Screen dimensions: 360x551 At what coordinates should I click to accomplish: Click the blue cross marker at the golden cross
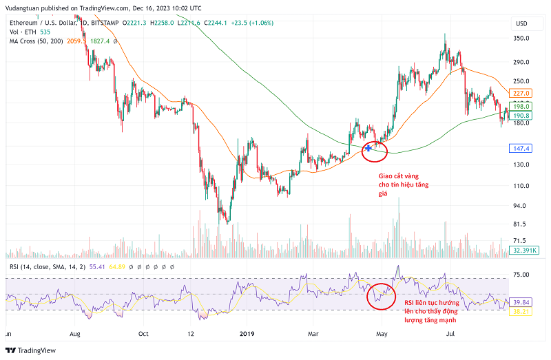[x=369, y=147]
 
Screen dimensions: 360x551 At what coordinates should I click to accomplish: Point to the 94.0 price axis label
[x=520, y=206]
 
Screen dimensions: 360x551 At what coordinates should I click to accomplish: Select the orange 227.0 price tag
[x=521, y=93]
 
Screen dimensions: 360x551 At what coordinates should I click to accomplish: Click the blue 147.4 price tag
[x=521, y=148]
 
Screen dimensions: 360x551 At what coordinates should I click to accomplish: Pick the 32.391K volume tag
[x=523, y=251]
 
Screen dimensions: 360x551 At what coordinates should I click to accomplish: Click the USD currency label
[x=521, y=23]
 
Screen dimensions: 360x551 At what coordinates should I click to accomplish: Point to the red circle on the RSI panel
[x=382, y=296]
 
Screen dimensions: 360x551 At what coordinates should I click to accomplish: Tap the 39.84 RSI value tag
[x=521, y=302]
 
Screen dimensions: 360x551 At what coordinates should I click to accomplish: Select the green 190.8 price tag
[x=521, y=116]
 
